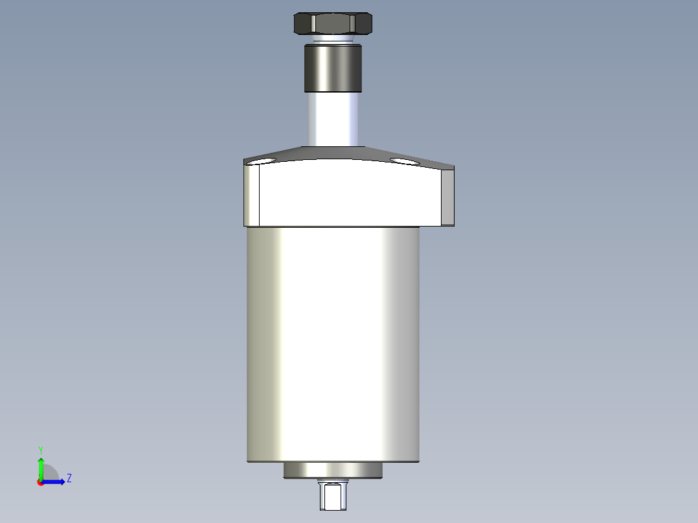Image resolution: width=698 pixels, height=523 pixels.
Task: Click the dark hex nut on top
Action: tap(333, 23)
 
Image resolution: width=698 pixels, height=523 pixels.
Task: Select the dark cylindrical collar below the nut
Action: tap(333, 68)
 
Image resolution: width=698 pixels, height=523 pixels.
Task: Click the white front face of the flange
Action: tap(350, 194)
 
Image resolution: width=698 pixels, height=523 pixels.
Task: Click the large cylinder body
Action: tap(333, 343)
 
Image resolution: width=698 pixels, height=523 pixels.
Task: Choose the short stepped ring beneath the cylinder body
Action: tap(333, 471)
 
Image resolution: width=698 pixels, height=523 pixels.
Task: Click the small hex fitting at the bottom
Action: tap(333, 496)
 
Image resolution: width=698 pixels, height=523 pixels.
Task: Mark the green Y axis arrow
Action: tap(41, 466)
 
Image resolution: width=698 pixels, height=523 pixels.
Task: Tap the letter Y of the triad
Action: tap(41, 449)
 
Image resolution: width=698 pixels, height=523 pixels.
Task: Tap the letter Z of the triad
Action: tap(69, 478)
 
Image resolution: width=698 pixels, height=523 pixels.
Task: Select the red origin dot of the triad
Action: tap(40, 482)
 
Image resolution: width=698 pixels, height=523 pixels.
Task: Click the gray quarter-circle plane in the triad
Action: tap(51, 474)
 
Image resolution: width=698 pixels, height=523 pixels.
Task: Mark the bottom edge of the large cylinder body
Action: tap(333, 462)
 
